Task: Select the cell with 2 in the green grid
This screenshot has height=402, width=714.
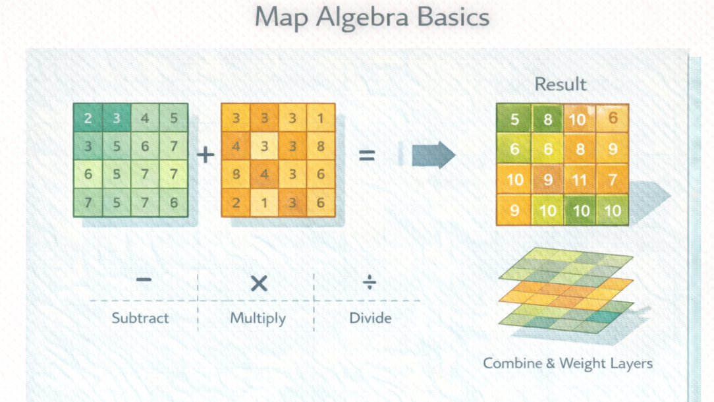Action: pos(88,119)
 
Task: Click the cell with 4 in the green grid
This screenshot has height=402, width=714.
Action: pos(145,119)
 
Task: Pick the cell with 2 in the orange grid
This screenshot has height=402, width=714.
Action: pos(236,203)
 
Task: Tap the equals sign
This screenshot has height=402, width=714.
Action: pos(366,156)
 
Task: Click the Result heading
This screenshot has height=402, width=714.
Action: pos(560,84)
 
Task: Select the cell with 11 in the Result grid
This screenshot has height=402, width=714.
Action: pos(580,179)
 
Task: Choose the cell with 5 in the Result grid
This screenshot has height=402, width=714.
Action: pos(514,120)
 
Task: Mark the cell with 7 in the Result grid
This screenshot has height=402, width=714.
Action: pos(613,179)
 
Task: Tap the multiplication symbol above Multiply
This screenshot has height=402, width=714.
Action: pos(259,283)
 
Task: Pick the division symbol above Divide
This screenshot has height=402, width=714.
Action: pos(370,283)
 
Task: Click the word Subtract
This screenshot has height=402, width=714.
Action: pos(140,318)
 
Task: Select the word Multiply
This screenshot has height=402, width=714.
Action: pos(258,318)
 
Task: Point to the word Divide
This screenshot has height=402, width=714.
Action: pos(370,318)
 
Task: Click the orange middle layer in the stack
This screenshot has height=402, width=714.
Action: pos(566,290)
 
